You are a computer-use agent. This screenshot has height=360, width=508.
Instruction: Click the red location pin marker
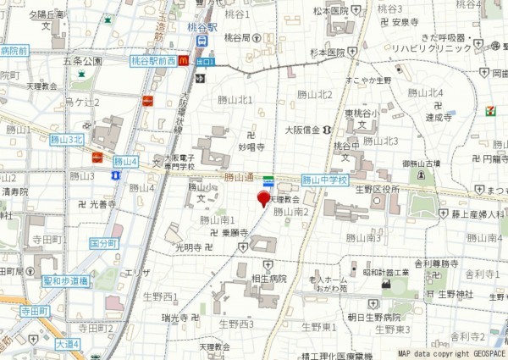click(x=263, y=199)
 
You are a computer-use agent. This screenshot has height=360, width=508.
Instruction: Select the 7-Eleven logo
click(x=490, y=111)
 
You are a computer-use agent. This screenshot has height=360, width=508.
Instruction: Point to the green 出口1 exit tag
click(x=205, y=62)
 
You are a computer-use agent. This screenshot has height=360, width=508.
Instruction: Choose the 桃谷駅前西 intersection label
click(x=153, y=61)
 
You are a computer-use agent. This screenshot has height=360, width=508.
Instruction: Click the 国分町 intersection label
click(x=103, y=243)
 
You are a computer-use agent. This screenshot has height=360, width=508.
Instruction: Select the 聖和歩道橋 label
click(x=65, y=280)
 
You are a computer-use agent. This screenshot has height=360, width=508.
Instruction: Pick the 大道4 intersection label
click(x=68, y=344)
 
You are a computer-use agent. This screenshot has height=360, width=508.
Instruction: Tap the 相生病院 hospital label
click(x=269, y=279)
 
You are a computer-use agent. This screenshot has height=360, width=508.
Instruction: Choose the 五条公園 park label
click(x=82, y=62)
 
